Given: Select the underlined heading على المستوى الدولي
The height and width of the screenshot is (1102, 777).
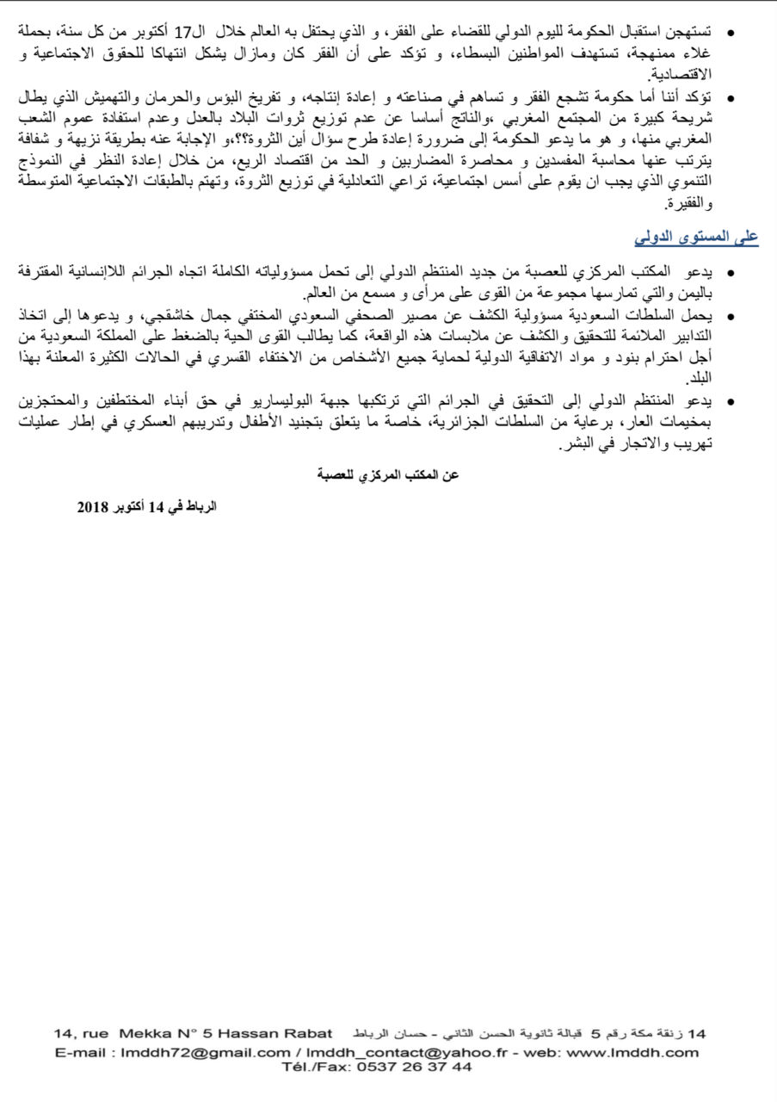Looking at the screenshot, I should pyautogui.click(x=696, y=236).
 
